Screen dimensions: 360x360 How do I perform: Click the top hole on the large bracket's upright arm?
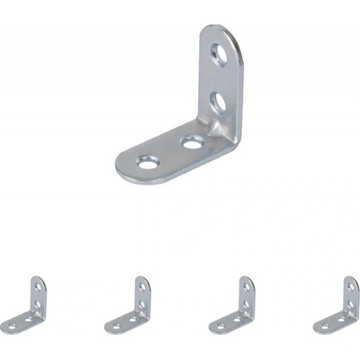[219, 56]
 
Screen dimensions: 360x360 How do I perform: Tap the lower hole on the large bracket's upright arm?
[218, 102]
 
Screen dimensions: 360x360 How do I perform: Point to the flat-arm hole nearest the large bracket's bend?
[193, 142]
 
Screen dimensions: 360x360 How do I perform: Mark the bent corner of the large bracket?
[230, 144]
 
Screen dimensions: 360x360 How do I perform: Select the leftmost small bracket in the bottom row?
[24, 306]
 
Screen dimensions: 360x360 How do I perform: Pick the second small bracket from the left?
[130, 306]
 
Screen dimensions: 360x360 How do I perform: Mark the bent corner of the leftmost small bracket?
[41, 319]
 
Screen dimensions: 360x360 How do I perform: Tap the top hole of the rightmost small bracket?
[352, 286]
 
